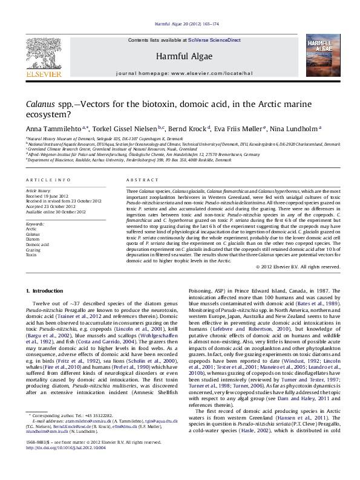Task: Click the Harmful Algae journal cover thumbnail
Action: click(x=319, y=56)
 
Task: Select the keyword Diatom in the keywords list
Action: click(x=33, y=239)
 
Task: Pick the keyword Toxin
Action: click(x=31, y=255)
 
